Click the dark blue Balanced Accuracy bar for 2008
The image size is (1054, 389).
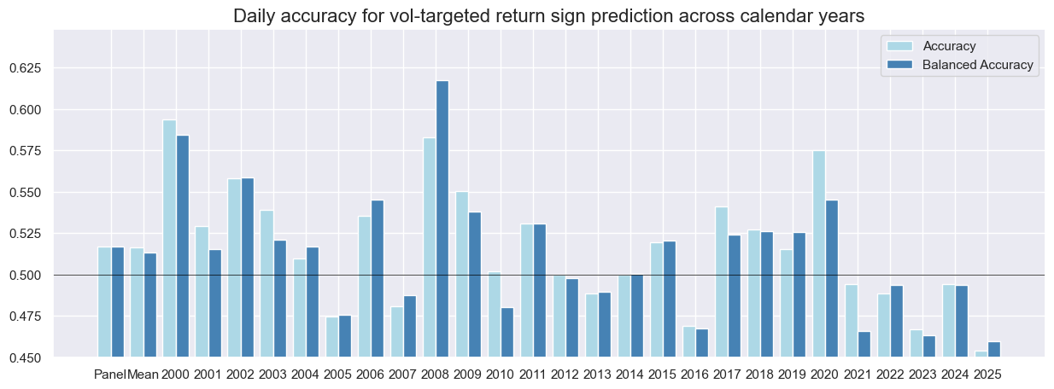[442, 218]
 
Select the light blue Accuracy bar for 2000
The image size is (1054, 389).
[169, 239]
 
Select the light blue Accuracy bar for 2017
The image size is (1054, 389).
[722, 282]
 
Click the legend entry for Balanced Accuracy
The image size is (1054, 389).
[977, 65]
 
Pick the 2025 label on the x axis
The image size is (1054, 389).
[987, 374]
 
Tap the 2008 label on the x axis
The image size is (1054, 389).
[436, 374]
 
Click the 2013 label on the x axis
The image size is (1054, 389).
[598, 374]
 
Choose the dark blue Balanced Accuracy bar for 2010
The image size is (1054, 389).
[507, 333]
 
